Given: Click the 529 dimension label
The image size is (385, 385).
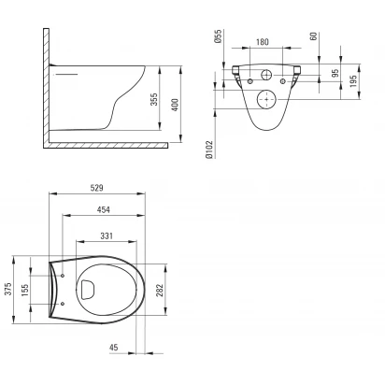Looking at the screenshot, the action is (x=97, y=188).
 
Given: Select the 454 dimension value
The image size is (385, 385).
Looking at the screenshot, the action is (x=104, y=209).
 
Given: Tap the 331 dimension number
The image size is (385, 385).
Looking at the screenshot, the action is (x=107, y=235).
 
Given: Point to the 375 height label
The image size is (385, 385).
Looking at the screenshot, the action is (x=8, y=289).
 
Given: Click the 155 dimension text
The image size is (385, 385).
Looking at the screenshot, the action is (x=25, y=290).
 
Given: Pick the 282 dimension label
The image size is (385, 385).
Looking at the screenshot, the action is (x=160, y=291).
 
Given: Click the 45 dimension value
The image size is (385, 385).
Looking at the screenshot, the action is (x=114, y=347).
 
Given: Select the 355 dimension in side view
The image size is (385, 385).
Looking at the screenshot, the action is (x=154, y=99).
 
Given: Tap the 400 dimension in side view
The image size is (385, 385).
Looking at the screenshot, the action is (x=175, y=105).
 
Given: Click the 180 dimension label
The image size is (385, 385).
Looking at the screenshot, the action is (x=263, y=42).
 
